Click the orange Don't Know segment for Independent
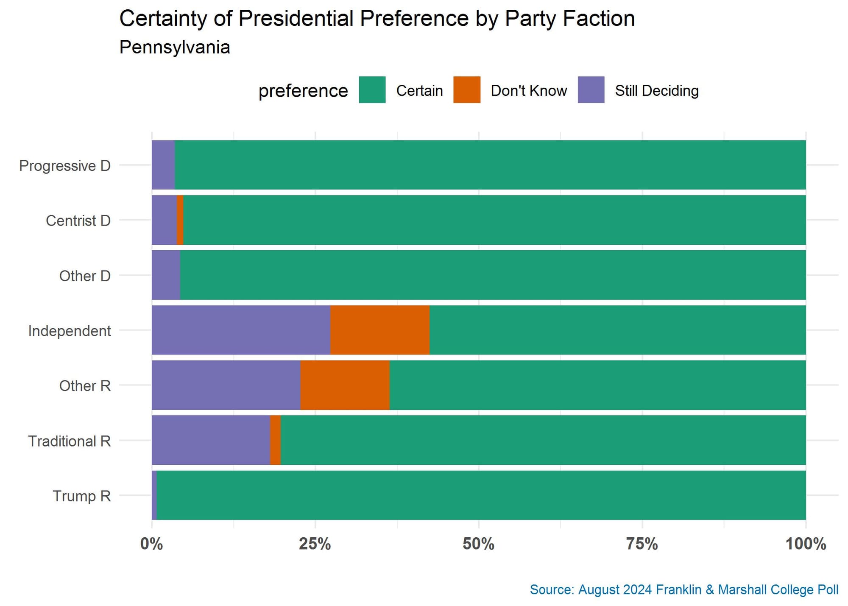click(379, 330)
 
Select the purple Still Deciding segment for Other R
click(226, 385)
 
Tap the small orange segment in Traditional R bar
click(275, 440)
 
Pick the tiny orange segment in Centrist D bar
click(180, 220)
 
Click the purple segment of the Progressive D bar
click(163, 165)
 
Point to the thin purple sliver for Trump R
click(154, 495)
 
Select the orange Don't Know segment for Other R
click(345, 385)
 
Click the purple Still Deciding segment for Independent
click(241, 330)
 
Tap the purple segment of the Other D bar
click(166, 275)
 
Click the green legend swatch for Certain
click(372, 90)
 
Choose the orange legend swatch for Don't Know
click(466, 90)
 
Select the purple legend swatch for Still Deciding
click(591, 90)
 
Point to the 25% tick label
click(315, 544)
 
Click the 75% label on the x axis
click(642, 544)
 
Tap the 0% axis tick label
click(151, 544)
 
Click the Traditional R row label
click(69, 441)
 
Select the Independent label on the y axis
click(69, 331)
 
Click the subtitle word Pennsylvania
click(174, 47)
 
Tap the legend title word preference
click(303, 91)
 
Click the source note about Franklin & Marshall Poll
click(683, 589)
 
